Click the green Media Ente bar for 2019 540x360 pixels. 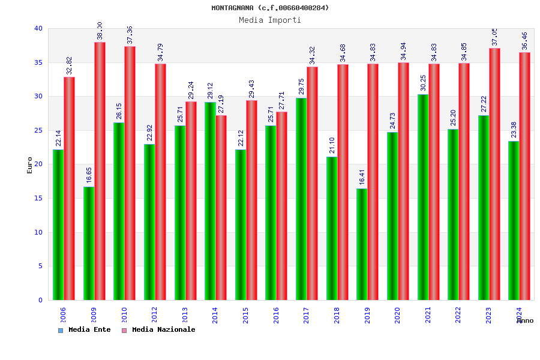point(362,244)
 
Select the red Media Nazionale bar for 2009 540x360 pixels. point(100,171)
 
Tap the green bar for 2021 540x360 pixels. point(423,197)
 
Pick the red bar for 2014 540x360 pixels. point(221,208)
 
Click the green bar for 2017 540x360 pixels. point(301,199)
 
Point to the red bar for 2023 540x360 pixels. point(495,174)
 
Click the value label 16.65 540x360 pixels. point(89,175)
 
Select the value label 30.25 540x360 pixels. point(424,82)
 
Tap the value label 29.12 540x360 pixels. point(211,91)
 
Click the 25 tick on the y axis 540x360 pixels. point(38,130)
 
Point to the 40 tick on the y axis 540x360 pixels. point(38,28)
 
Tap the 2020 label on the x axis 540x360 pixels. point(398,315)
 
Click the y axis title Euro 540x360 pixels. point(30,165)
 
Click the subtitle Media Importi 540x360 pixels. point(270,20)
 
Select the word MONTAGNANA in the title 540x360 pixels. point(233,8)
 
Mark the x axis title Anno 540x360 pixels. point(525,320)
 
